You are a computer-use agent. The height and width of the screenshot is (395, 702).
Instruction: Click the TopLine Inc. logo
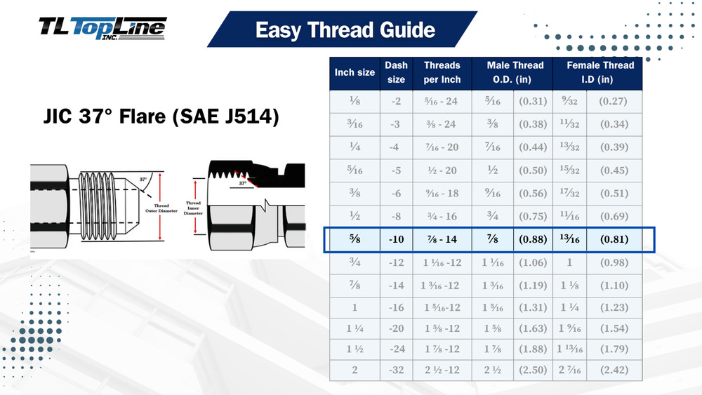pos(102,27)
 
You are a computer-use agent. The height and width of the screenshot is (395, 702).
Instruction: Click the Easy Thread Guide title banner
pos(345,30)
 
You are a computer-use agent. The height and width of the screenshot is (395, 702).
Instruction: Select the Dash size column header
pos(396,72)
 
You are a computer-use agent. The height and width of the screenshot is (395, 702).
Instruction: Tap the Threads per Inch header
pos(442,72)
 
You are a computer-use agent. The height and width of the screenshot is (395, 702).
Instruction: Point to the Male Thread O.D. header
pos(513,72)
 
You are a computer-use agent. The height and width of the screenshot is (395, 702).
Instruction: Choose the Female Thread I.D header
pos(597,72)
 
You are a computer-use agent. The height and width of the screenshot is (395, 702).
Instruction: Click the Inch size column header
pos(355,72)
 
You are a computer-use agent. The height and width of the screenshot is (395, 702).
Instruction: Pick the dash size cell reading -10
pos(396,239)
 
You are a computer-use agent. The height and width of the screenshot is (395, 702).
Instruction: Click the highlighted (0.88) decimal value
pos(533,239)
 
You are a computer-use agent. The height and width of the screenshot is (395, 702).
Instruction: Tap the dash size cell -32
pos(396,370)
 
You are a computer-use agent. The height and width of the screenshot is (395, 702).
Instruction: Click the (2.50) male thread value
pos(533,370)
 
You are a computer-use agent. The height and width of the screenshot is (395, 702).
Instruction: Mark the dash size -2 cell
pos(396,101)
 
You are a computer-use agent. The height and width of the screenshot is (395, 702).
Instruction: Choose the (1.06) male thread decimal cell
pos(533,262)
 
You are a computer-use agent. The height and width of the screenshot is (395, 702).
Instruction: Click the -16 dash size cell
pos(396,307)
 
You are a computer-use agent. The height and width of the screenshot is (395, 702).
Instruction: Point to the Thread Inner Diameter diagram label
pos(194,208)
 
